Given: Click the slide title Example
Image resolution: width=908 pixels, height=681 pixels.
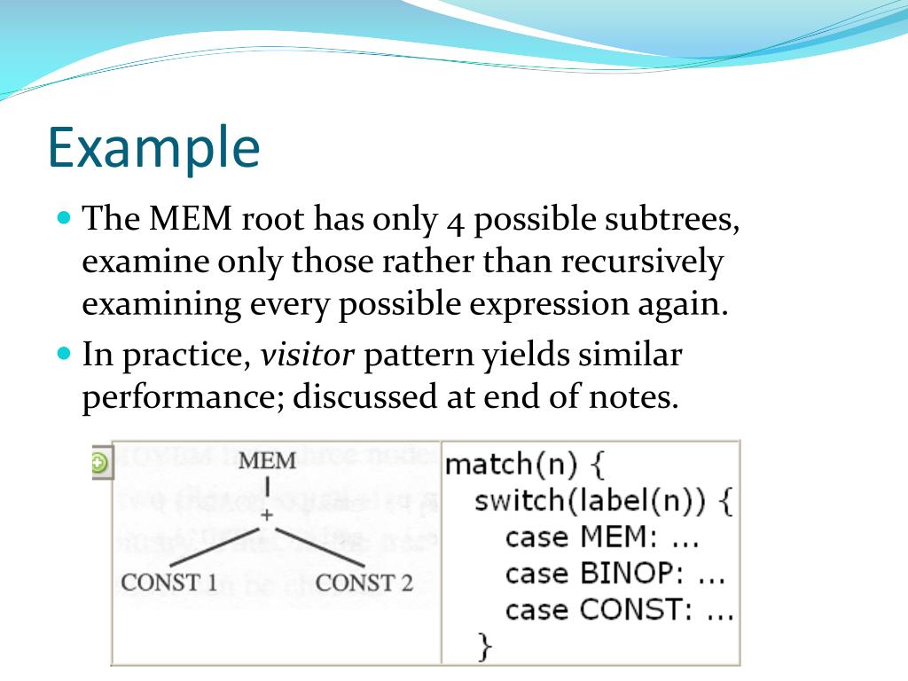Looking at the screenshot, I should (x=153, y=147).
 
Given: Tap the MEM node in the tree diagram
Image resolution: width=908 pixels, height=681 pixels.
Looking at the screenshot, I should (x=268, y=461).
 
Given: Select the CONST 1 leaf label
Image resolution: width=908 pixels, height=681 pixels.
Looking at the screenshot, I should (x=169, y=583).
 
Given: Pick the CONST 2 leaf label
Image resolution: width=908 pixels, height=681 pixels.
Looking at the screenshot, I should (x=364, y=583).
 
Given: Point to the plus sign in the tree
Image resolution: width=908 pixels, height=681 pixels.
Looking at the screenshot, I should (x=266, y=514).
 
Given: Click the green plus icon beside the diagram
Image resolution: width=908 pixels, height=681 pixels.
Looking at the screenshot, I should (x=99, y=462).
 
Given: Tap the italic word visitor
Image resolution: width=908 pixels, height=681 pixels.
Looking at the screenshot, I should (x=307, y=356).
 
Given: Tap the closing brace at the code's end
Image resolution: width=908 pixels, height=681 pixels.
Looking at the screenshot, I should (x=483, y=646).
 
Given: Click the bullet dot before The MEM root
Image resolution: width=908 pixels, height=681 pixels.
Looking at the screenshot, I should (x=63, y=217).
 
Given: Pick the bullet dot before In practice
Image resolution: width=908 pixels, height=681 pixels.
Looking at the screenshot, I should (x=63, y=352).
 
